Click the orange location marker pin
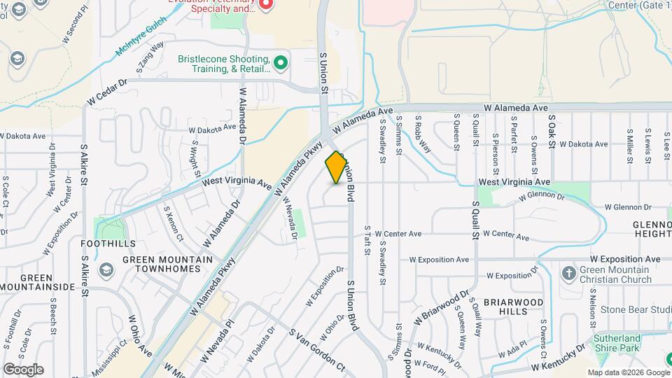pyautogui.click(x=337, y=167)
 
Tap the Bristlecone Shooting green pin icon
pyautogui.click(x=281, y=64)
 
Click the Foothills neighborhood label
pyautogui.click(x=108, y=244)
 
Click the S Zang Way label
pyautogui.click(x=150, y=56)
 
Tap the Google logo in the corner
pyautogui.click(x=23, y=369)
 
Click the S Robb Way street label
pyautogui.click(x=423, y=132)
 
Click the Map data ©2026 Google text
pyautogui.click(x=628, y=372)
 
